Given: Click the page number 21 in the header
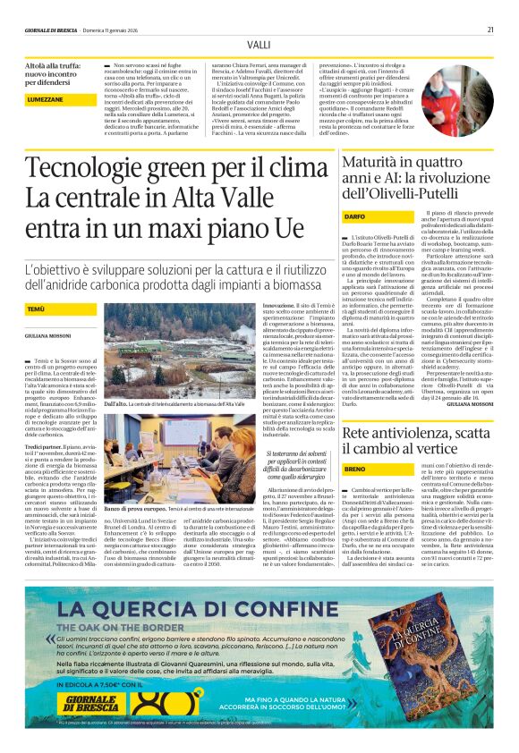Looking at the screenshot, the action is pyautogui.click(x=491, y=29).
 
